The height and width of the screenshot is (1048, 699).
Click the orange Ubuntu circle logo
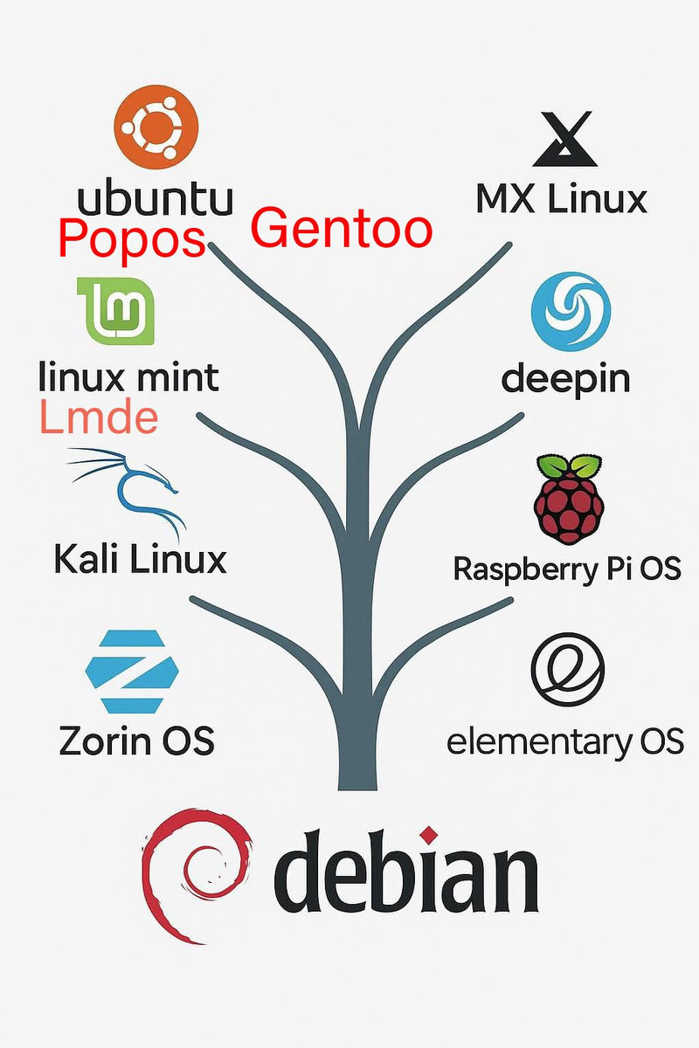[157, 128]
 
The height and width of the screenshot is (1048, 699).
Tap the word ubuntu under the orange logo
[156, 198]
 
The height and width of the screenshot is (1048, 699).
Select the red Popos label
[132, 238]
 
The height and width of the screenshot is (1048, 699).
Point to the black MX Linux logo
[564, 139]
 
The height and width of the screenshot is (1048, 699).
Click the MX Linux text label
[561, 198]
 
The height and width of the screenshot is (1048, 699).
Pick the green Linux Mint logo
[116, 311]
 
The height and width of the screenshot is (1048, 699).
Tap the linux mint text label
[129, 377]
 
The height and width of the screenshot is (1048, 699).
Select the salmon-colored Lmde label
[99, 418]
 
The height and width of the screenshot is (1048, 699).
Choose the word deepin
[565, 378]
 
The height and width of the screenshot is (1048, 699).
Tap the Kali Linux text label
[140, 558]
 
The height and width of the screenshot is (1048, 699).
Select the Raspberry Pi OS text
[566, 569]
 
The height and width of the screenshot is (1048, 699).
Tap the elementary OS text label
[564, 741]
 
